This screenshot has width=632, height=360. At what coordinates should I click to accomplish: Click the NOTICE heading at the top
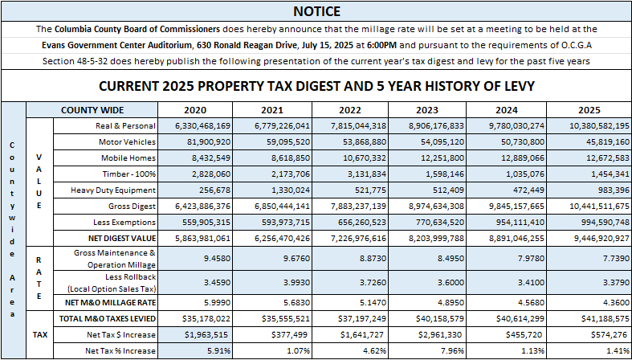pyautogui.click(x=316, y=11)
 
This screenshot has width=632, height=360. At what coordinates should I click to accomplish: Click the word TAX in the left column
pyautogui.click(x=39, y=333)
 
